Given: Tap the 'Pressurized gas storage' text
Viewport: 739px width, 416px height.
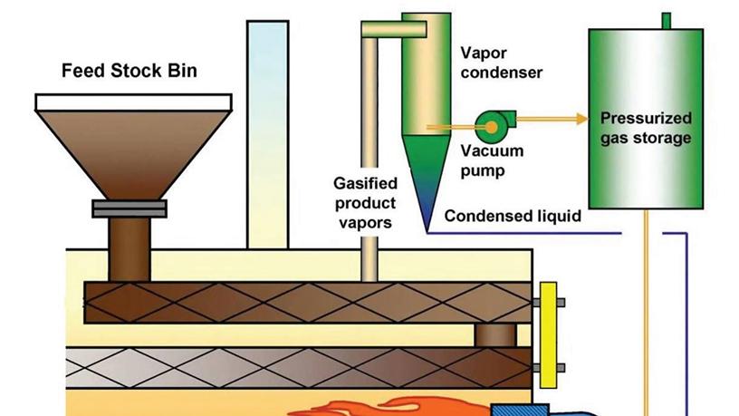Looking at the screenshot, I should pyautogui.click(x=646, y=128).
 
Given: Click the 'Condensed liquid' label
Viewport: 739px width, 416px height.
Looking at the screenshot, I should pyautogui.click(x=513, y=217).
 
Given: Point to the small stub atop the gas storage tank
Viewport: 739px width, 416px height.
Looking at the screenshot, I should pyautogui.click(x=667, y=20).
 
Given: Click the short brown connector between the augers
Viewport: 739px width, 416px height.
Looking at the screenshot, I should pyautogui.click(x=494, y=336).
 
